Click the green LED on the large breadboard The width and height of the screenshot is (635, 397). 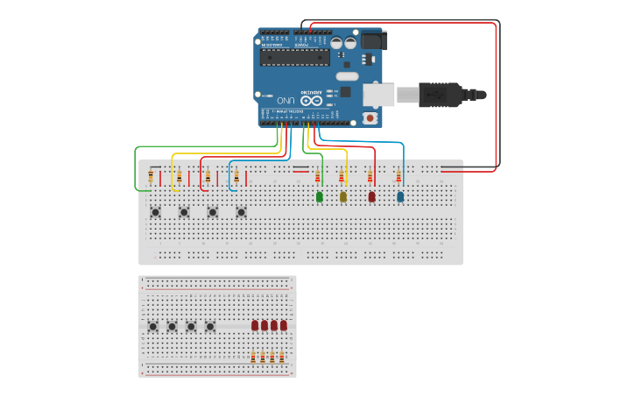click(319, 197)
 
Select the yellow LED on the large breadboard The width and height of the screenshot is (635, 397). click(342, 197)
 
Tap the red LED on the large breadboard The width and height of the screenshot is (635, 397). click(371, 197)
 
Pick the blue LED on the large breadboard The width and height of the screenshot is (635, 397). click(400, 197)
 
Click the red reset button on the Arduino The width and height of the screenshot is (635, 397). click(370, 117)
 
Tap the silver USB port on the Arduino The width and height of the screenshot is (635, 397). click(378, 93)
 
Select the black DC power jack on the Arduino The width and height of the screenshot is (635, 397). click(374, 40)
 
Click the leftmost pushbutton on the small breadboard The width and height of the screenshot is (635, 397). click(152, 327)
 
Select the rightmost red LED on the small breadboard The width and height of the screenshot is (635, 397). click(284, 325)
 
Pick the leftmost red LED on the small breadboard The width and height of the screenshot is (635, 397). click(255, 325)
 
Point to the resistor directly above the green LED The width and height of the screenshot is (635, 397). click(318, 177)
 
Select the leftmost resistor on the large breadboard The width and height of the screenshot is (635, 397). click(151, 177)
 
